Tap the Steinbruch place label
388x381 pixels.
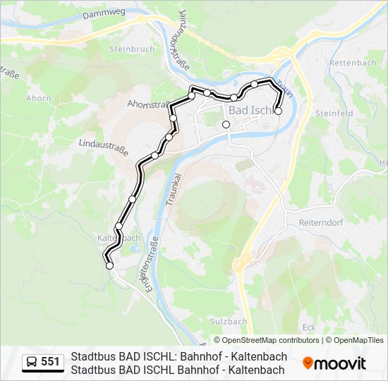pyautogui.click(x=128, y=49)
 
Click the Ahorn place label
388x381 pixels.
pyautogui.click(x=38, y=98)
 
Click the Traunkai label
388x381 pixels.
pyautogui.click(x=169, y=187)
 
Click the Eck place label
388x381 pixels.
pyautogui.click(x=308, y=327)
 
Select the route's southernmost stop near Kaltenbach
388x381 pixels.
pyautogui.click(x=109, y=266)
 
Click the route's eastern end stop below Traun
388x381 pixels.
pyautogui.click(x=278, y=111)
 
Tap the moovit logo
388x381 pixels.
pyautogui.click(x=334, y=363)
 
